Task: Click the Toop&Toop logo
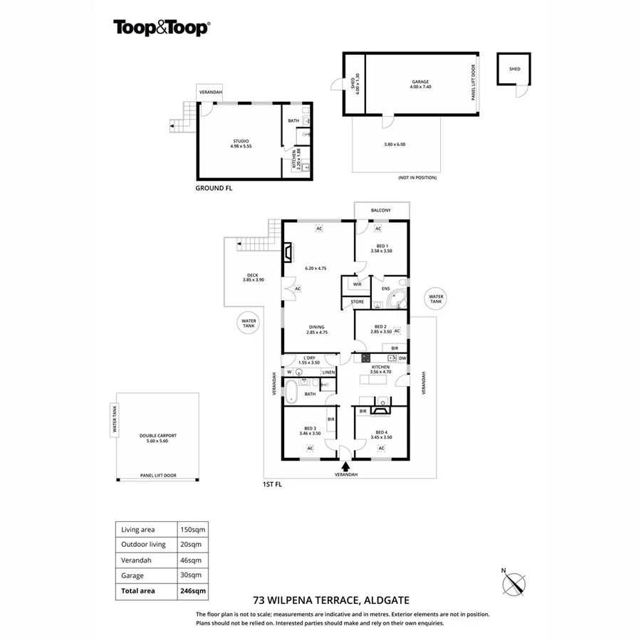tap(161, 28)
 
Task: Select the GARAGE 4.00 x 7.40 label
tap(420, 83)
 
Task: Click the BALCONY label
tap(382, 211)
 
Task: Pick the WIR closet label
tap(357, 284)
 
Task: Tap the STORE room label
tap(357, 303)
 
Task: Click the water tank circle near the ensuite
tap(436, 299)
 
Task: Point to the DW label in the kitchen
tap(402, 358)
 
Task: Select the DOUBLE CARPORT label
tap(158, 437)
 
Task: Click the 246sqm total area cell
tap(193, 590)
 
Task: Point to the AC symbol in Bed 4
tap(381, 448)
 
